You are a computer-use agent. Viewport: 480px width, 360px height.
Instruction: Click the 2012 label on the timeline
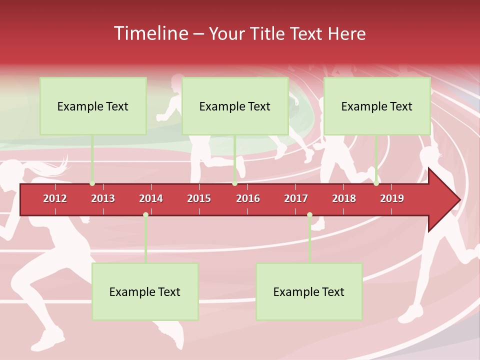tap(55, 198)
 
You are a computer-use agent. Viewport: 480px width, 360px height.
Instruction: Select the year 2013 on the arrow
tap(103, 198)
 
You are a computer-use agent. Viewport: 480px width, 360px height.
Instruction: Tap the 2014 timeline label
tap(151, 198)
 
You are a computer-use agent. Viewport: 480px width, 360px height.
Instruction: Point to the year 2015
tap(199, 198)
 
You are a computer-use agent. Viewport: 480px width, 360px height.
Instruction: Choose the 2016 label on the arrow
tap(248, 198)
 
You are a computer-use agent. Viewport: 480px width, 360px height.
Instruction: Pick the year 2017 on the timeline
tap(296, 198)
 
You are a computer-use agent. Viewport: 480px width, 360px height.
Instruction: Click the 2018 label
tap(344, 198)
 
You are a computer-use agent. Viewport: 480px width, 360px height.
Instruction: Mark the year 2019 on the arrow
tap(392, 198)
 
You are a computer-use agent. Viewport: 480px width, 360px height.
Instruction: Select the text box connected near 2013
tap(93, 106)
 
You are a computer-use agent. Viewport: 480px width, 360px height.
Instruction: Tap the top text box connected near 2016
tap(235, 106)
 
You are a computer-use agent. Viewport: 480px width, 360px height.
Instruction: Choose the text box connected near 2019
tap(377, 106)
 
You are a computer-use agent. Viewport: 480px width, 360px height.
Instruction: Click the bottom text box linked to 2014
tap(145, 292)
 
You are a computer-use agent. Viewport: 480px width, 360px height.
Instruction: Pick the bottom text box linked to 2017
tap(309, 292)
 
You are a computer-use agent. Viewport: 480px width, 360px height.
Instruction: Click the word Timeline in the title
tap(150, 33)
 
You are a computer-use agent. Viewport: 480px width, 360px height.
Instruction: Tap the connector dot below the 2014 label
tap(145, 214)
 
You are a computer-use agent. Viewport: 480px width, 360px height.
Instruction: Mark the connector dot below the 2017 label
tap(309, 214)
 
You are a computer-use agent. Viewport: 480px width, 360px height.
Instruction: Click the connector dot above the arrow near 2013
tap(92, 183)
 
